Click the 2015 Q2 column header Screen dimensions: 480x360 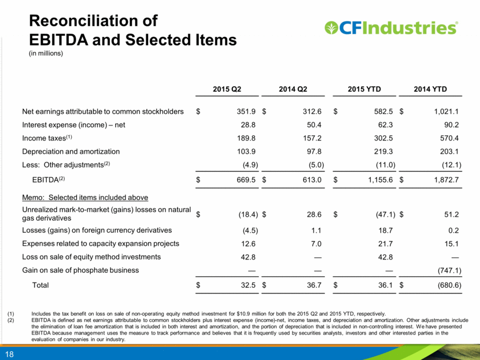[x=227, y=89]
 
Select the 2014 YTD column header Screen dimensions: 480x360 [x=430, y=89]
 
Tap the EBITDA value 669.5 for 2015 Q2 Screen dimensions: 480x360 [x=246, y=180]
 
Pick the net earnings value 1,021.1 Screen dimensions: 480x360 [x=446, y=112]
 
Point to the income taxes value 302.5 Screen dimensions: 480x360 [x=383, y=138]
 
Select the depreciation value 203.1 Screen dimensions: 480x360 [x=449, y=151]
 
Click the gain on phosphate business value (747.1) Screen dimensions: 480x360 [x=449, y=270]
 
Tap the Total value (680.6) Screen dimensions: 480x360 [x=449, y=285]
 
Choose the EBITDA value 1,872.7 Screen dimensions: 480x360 [x=446, y=180]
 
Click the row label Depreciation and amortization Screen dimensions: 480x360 [x=71, y=151]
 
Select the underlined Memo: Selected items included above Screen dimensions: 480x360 [x=85, y=198]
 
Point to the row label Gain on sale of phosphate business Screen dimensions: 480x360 [x=80, y=270]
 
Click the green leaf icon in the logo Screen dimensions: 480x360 [x=331, y=28]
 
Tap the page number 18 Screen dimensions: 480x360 [x=9, y=354]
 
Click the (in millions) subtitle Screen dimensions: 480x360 [x=46, y=53]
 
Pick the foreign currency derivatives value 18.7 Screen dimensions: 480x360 [x=385, y=231]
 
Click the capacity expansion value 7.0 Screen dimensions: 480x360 [x=316, y=244]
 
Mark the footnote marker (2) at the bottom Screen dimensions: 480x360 [x=11, y=320]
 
